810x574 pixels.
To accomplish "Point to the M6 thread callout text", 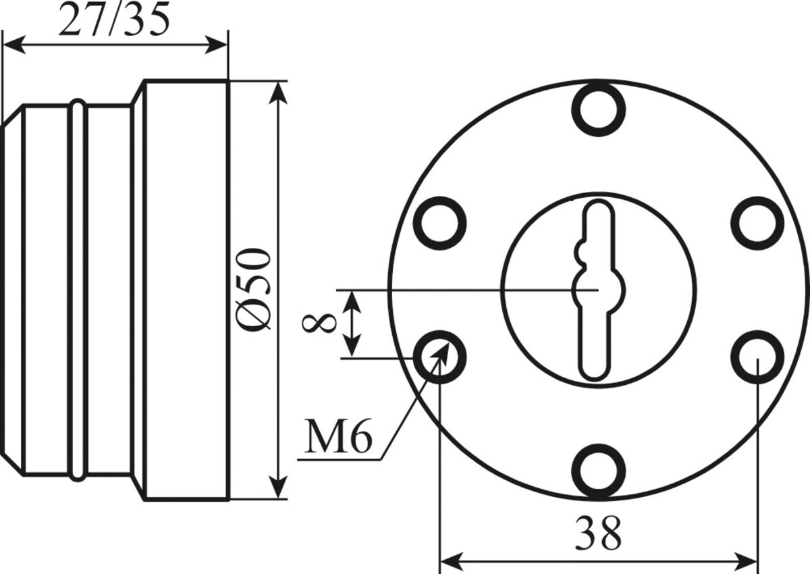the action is [337, 436].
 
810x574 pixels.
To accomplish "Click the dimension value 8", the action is [319, 323].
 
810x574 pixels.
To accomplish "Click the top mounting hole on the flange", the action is [599, 109].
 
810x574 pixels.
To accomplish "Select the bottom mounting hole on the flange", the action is [599, 471].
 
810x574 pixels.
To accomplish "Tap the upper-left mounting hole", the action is [439, 223].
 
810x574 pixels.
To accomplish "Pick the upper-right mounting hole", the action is [757, 223].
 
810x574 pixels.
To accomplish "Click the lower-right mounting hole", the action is [757, 357].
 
